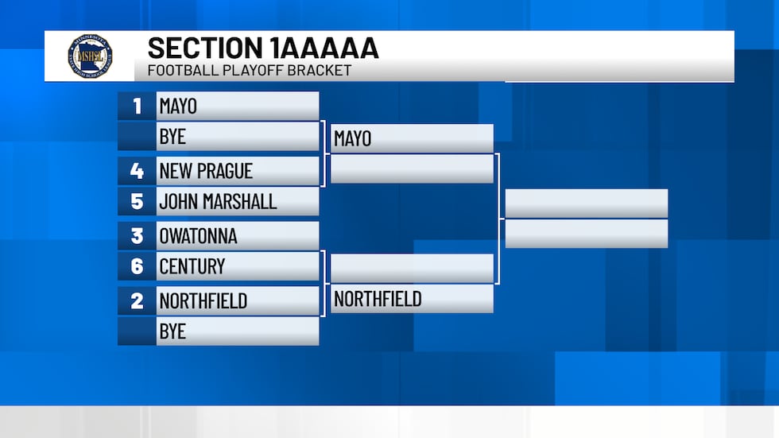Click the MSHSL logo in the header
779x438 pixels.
90,56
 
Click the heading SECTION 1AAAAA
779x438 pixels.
263,48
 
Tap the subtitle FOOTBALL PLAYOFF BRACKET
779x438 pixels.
249,71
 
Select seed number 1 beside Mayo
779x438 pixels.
137,106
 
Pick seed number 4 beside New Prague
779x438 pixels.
137,171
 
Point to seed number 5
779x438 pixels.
137,201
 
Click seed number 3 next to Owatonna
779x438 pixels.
137,236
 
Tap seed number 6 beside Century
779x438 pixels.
137,266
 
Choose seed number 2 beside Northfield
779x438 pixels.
137,300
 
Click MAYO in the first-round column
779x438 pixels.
178,106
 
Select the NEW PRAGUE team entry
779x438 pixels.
206,171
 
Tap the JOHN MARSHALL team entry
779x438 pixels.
218,201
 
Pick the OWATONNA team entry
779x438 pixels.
198,236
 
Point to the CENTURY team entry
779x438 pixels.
192,266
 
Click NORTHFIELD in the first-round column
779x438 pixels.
203,300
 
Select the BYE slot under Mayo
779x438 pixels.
172,136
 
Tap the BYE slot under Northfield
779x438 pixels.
172,331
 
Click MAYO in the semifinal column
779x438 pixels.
353,138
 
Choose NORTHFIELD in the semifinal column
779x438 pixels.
378,299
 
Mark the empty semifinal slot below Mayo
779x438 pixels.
412,169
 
